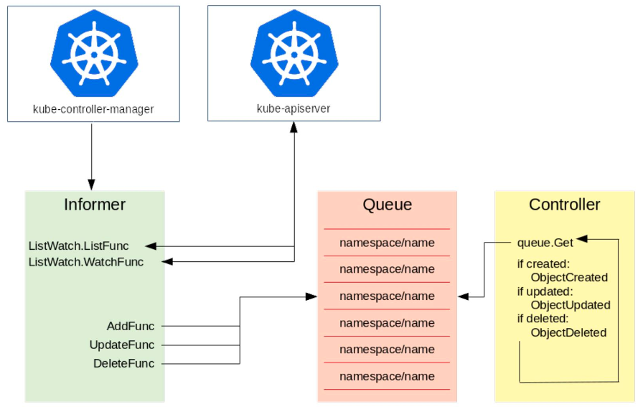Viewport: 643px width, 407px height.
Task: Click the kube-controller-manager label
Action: pos(93,109)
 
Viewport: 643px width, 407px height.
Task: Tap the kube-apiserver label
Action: pos(294,109)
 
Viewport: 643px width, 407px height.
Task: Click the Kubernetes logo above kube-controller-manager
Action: pos(93,55)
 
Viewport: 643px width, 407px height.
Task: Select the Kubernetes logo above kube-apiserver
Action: pos(294,55)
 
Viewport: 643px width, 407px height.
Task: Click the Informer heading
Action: pos(95,205)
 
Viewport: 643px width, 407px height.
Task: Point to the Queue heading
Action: pos(387,205)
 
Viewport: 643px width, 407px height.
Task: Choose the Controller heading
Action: pos(564,205)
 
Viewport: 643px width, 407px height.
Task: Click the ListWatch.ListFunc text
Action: pos(79,245)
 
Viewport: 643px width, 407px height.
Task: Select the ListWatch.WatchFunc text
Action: pos(85,262)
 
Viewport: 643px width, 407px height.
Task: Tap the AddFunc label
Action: pos(130,326)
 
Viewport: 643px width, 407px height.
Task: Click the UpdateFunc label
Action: pos(122,345)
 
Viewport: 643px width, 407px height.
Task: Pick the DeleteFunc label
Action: pos(123,363)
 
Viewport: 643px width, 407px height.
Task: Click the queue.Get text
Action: pos(545,243)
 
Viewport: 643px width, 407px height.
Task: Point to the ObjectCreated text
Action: pos(569,277)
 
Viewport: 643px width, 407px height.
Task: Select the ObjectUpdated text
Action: pos(570,305)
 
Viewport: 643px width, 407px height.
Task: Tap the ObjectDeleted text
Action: pos(568,332)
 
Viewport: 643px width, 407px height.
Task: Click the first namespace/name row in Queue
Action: pos(387,243)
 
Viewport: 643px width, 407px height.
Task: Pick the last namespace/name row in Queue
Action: pos(387,376)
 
